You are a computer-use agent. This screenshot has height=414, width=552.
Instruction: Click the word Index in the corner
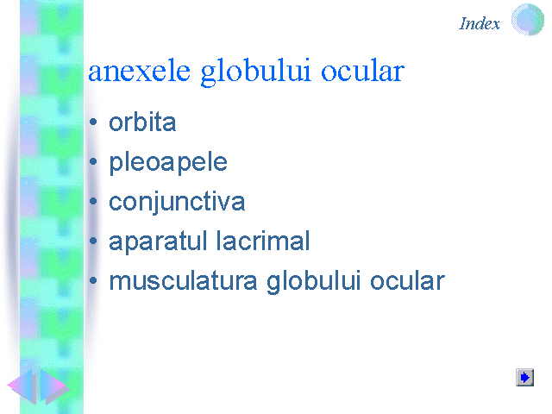(x=480, y=23)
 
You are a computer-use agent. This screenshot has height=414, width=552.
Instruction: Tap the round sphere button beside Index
(x=527, y=20)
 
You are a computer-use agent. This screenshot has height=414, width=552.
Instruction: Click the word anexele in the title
(x=140, y=72)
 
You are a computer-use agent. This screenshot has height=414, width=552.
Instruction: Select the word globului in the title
(x=256, y=72)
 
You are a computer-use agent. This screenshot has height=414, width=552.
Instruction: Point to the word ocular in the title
(x=362, y=71)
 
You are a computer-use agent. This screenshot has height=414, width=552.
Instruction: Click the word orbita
(x=142, y=122)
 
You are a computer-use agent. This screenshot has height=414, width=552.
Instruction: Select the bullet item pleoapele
(x=168, y=163)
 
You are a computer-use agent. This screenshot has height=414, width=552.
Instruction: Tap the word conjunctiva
(x=177, y=203)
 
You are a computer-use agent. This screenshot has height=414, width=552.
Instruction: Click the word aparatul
(x=158, y=241)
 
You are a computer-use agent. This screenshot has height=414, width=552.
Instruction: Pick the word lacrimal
(x=263, y=241)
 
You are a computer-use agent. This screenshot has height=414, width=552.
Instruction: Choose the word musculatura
(x=183, y=281)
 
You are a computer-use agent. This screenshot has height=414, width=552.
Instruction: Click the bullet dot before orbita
(x=93, y=122)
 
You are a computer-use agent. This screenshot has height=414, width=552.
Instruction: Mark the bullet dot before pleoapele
(x=93, y=161)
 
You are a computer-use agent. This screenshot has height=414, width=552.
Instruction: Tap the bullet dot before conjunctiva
(x=93, y=201)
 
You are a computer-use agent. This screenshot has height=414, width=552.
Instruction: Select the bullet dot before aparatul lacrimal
(x=93, y=241)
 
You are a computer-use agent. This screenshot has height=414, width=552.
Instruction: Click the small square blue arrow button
(x=525, y=378)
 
